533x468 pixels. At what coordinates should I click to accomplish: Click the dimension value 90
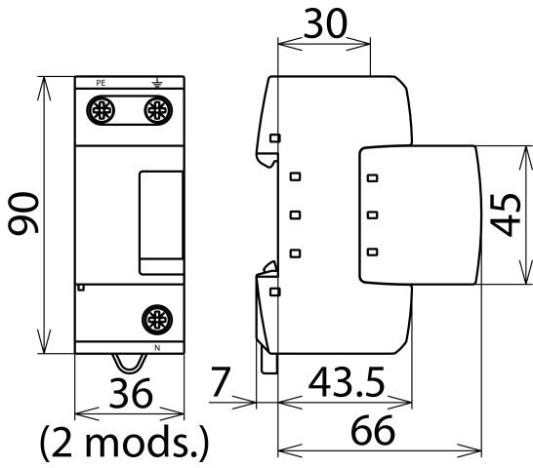click(23, 214)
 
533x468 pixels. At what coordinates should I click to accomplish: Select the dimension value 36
click(131, 393)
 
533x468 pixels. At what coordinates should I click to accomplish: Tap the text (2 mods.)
click(124, 442)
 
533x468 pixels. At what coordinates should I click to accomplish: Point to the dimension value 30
click(325, 23)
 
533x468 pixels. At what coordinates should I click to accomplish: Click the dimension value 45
click(505, 214)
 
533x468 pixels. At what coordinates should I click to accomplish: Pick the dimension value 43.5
click(347, 382)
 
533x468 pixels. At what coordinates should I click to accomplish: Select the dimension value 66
click(373, 430)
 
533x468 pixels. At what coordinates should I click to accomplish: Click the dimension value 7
click(222, 382)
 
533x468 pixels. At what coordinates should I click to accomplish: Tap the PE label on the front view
click(101, 83)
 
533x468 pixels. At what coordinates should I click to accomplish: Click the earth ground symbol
click(157, 82)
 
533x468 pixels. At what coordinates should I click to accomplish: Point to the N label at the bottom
click(157, 348)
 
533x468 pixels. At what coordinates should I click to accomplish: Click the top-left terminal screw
click(101, 110)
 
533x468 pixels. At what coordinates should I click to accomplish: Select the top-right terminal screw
click(158, 110)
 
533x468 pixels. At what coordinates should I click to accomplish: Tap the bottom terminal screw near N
click(157, 320)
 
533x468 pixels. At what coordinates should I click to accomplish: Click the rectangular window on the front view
click(161, 223)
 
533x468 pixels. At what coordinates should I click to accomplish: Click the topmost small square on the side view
click(275, 137)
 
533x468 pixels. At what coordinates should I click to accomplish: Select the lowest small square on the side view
click(275, 292)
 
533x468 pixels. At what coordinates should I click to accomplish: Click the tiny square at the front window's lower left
click(81, 288)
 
